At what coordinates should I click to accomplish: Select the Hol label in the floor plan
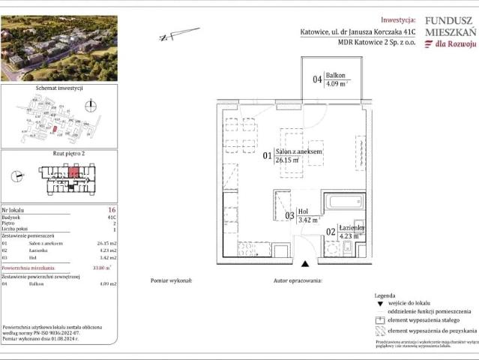click(303, 211)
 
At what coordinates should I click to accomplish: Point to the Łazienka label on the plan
click(350, 227)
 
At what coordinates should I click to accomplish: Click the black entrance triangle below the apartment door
click(304, 263)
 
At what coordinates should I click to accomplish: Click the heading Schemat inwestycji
click(58, 88)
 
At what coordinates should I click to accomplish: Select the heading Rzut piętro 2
click(58, 153)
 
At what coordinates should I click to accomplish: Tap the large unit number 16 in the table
click(112, 210)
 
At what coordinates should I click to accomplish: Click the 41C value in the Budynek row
click(112, 217)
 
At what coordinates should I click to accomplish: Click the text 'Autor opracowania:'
click(297, 280)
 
